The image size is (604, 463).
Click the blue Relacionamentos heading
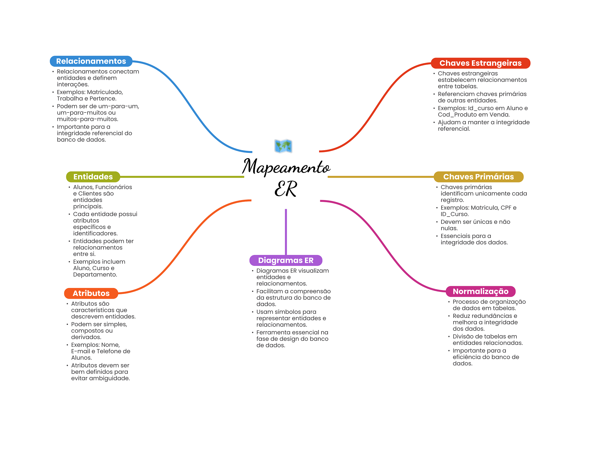point(91,61)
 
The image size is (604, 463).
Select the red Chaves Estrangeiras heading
point(480,63)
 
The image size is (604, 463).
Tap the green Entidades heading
point(93,177)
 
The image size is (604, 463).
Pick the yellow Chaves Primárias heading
point(478,177)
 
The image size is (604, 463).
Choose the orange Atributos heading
point(91,293)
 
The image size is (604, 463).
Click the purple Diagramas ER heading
point(285,260)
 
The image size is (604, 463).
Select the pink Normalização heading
point(480,292)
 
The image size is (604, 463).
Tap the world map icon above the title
point(283,146)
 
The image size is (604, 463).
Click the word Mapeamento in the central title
point(286,167)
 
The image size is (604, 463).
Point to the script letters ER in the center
point(285,189)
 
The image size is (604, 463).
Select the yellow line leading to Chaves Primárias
point(380,177)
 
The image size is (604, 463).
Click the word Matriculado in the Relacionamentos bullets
point(105,92)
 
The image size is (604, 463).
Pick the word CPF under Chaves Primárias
point(506,208)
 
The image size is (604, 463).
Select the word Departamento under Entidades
point(95,275)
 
